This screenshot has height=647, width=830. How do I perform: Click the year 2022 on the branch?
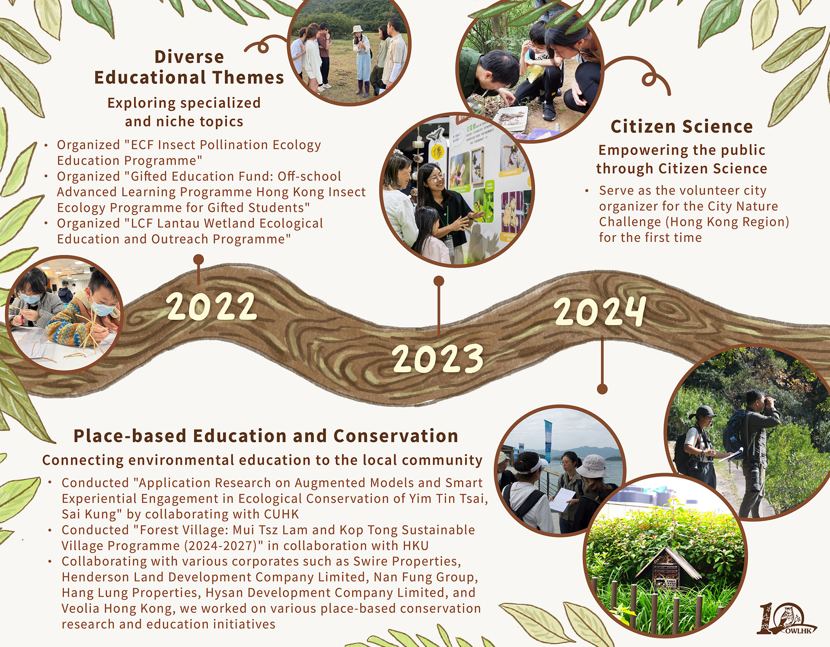(212, 306)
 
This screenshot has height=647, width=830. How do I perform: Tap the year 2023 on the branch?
(438, 358)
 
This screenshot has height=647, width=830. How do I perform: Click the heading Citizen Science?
(682, 126)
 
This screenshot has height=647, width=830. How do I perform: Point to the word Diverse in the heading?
(189, 57)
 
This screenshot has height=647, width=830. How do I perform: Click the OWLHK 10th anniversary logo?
(786, 619)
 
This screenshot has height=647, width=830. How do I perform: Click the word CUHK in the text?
(281, 514)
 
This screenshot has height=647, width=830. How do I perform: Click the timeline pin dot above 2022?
(198, 260)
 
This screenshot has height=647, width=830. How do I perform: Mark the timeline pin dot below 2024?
(602, 389)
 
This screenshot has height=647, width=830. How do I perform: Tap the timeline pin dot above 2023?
(439, 281)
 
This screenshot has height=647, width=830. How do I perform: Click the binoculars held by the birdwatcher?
(768, 401)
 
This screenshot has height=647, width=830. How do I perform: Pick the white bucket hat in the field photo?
(358, 29)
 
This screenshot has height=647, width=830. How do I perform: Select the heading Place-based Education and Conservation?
(266, 436)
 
